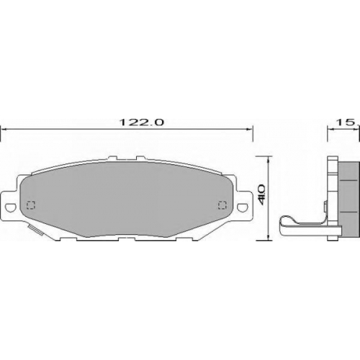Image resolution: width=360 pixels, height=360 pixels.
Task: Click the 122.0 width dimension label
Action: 142,122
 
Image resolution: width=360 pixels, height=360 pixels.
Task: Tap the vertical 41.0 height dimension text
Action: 261,194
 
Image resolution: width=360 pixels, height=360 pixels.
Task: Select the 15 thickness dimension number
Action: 346,122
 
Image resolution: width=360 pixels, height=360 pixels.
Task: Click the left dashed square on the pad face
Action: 31,205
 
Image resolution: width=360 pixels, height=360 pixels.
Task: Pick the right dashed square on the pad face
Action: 222,205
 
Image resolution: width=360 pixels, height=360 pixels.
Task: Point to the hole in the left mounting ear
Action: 10,207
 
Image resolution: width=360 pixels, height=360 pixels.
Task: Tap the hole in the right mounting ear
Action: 243,207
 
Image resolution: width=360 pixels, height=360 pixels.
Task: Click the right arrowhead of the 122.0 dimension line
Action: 250,130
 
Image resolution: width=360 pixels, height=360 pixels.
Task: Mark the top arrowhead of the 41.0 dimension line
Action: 269,159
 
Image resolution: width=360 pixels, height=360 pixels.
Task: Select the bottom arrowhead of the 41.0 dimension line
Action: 269,237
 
